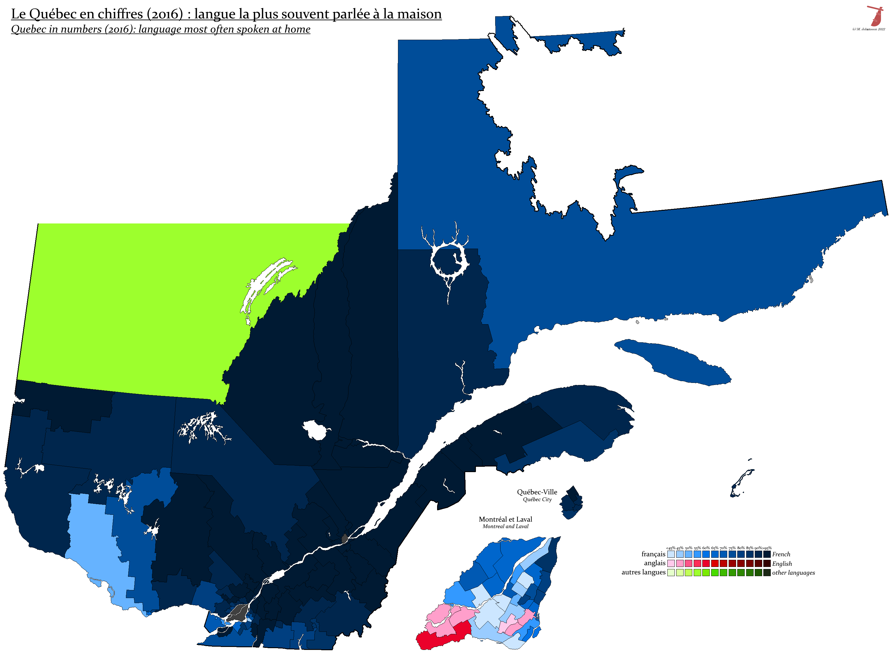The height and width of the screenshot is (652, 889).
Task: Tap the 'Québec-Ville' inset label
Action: (537, 492)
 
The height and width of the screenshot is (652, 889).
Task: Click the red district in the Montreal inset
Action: (442, 635)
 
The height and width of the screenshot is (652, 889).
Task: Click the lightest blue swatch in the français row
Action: (671, 554)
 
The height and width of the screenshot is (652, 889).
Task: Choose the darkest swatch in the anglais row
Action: (767, 563)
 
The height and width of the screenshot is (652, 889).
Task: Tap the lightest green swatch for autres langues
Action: (671, 573)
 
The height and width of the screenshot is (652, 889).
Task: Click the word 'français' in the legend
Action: (653, 554)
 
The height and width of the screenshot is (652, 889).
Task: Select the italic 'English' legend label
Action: (782, 564)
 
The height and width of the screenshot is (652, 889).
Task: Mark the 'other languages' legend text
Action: (793, 573)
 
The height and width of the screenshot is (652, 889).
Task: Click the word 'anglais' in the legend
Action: (655, 563)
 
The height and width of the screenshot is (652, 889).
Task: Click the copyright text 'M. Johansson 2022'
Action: (870, 29)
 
